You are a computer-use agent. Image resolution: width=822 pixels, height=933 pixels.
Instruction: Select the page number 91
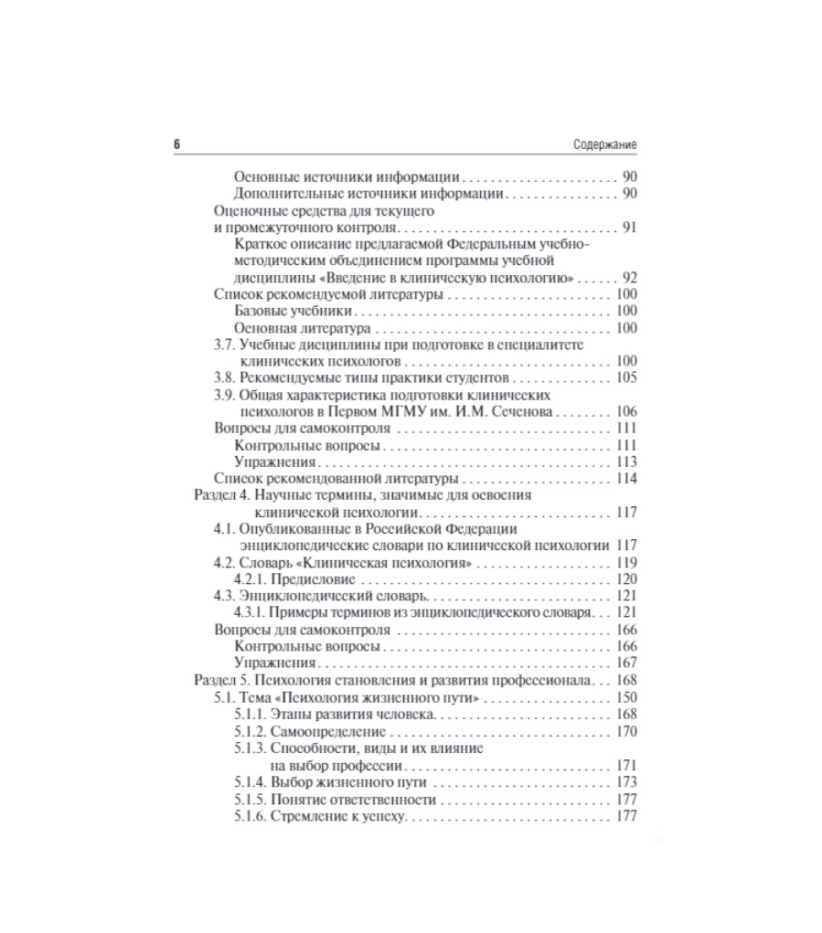629,228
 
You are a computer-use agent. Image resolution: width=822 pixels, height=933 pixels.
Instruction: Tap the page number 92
629,278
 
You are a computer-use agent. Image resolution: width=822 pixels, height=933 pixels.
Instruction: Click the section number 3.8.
224,377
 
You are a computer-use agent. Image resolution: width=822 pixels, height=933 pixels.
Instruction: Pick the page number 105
626,377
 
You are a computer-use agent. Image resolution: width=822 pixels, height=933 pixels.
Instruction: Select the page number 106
626,411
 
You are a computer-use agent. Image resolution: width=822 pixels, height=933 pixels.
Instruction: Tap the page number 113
626,461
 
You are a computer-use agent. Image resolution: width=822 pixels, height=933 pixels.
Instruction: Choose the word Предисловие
309,579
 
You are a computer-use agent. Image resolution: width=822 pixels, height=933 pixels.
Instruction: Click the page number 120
626,579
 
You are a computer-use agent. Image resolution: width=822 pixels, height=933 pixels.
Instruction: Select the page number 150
626,698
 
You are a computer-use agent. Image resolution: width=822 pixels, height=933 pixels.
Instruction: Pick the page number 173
626,782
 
